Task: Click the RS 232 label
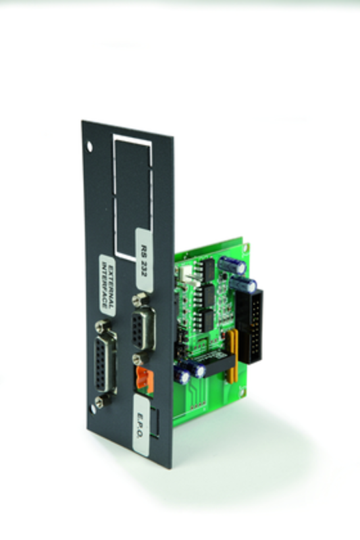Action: click(145, 260)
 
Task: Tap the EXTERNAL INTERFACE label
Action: click(107, 284)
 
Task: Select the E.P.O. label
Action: click(141, 425)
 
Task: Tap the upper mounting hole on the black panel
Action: click(89, 146)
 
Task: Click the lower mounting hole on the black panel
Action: click(93, 409)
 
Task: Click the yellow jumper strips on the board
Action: click(232, 356)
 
